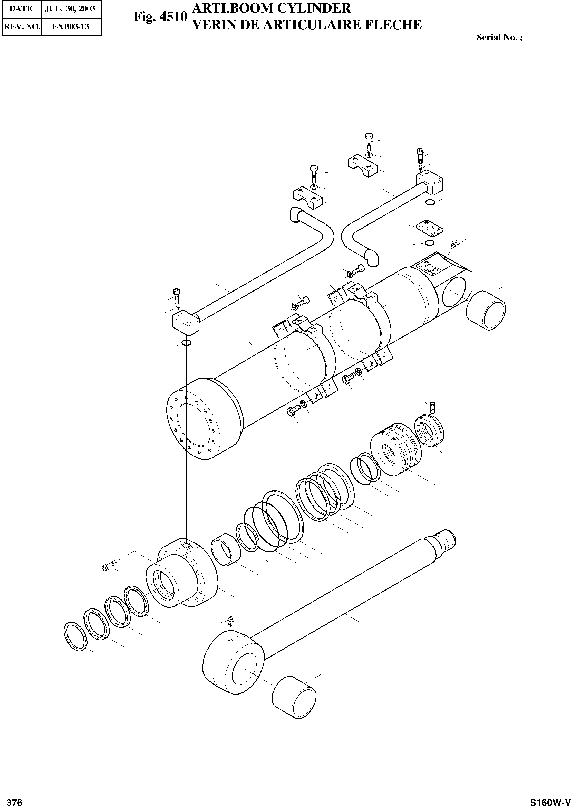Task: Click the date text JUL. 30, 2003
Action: pyautogui.click(x=70, y=8)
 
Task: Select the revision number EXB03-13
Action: pyautogui.click(x=70, y=27)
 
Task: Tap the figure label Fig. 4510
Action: pyautogui.click(x=160, y=16)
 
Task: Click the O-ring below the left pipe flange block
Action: pyautogui.click(x=186, y=343)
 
